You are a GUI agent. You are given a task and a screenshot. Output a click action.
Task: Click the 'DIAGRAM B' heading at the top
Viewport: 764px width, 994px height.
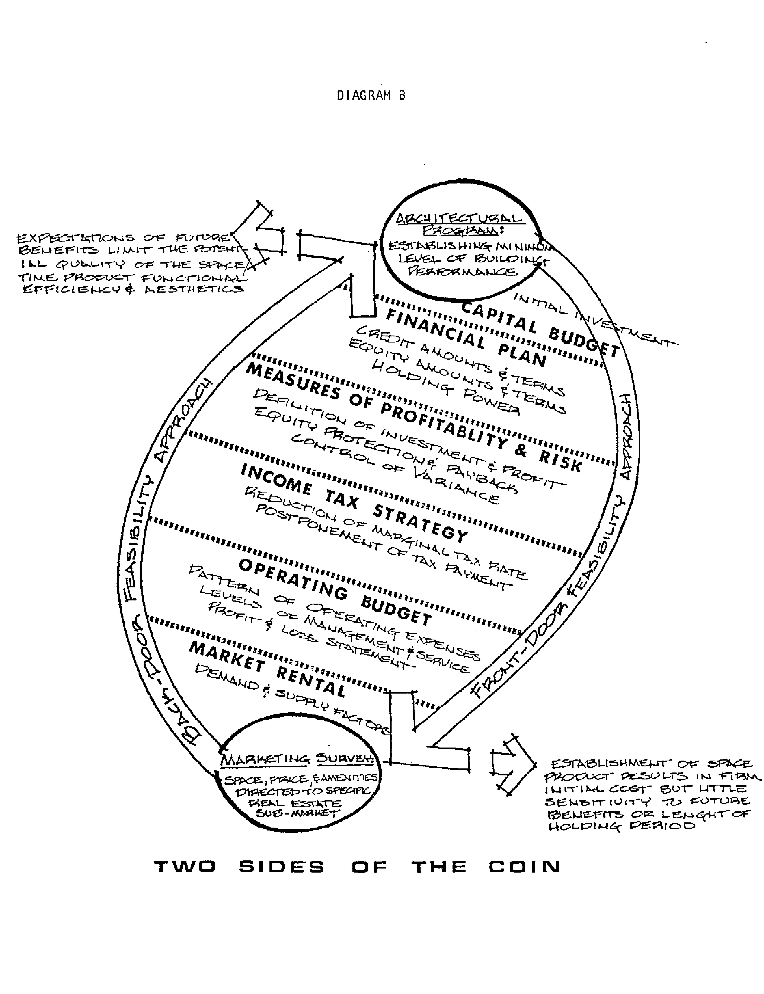(371, 96)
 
